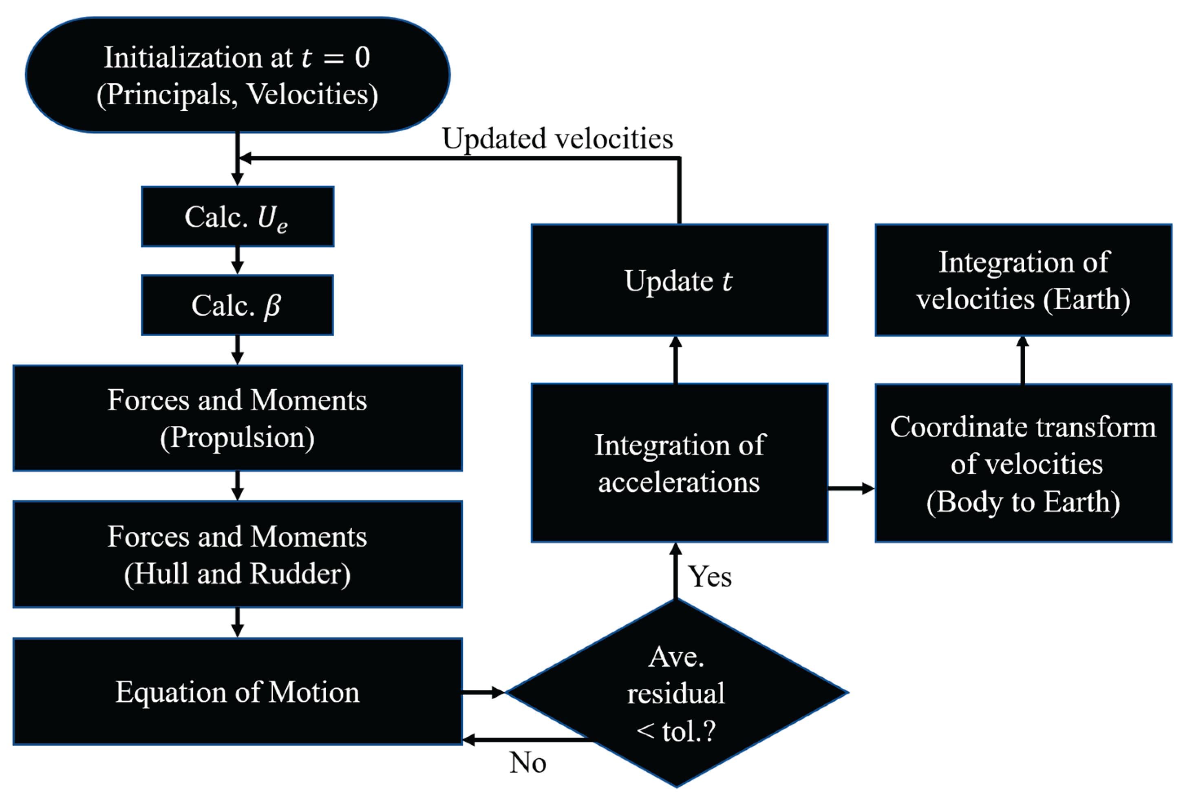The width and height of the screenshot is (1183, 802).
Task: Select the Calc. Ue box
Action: (237, 217)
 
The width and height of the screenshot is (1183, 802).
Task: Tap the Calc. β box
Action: (237, 305)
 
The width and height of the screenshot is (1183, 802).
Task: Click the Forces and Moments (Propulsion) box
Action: (237, 418)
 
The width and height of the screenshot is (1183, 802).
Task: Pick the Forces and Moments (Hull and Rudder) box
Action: (237, 555)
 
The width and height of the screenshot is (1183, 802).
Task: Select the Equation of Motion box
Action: (237, 692)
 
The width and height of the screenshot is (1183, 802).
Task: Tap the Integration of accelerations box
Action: (679, 463)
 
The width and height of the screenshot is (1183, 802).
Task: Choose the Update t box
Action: (679, 280)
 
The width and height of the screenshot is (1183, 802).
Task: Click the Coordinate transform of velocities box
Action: (1023, 464)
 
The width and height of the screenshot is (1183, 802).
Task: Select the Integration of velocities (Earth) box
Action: (1023, 280)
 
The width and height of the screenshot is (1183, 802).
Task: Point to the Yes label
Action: (710, 577)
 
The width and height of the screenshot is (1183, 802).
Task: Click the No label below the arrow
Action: (528, 763)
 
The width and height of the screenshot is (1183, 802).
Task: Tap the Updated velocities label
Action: (557, 139)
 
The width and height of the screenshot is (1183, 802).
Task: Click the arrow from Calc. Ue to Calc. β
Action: (237, 260)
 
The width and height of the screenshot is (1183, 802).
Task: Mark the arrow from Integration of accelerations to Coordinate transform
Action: (851, 489)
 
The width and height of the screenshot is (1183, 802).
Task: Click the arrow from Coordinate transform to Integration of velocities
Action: (1023, 360)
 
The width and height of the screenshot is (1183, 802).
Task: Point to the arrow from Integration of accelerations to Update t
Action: (675, 360)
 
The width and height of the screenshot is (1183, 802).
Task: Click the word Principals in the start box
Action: (167, 95)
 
